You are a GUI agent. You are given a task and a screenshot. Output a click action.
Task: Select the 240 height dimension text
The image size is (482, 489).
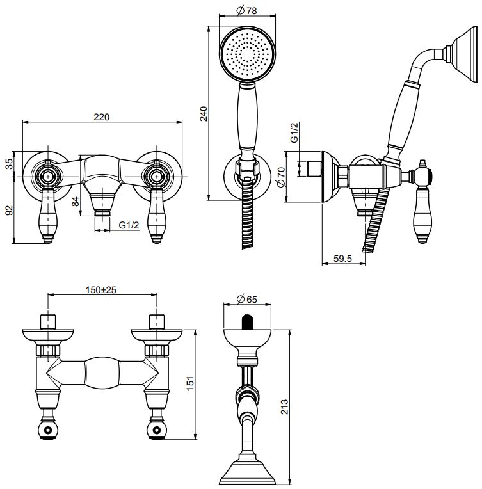[204, 113]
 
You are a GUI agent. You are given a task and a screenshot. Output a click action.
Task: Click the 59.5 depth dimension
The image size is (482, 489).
[343, 259]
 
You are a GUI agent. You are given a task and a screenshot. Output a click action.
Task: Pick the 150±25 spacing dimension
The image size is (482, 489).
[102, 290]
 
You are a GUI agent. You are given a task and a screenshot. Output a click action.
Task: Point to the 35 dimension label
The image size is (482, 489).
[10, 164]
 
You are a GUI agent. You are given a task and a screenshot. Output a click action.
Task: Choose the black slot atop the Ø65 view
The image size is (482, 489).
[246, 321]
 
